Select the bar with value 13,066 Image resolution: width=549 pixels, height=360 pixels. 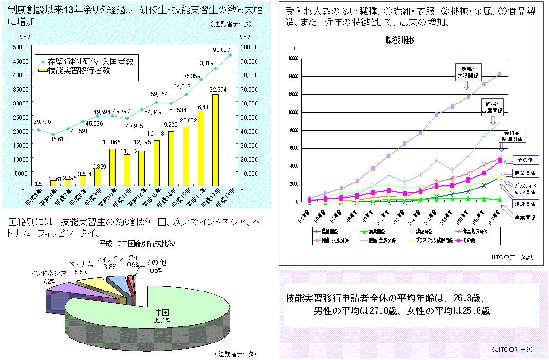[x=112, y=168]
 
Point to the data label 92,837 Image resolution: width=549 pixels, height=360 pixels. [x=222, y=50]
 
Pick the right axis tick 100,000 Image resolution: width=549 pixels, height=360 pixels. [x=252, y=47]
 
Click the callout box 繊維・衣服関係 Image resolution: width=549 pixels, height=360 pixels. [x=467, y=71]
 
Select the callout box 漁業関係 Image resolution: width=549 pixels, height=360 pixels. [x=524, y=218]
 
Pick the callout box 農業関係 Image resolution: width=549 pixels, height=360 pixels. [x=524, y=173]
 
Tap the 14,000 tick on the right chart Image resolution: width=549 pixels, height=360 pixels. [x=293, y=76]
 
